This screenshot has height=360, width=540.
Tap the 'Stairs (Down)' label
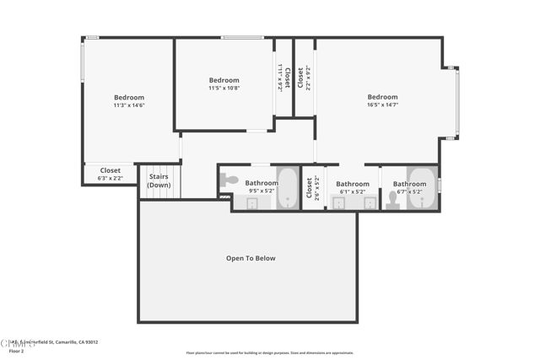(x=158, y=181)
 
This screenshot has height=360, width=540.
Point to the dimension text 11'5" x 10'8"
(x=224, y=89)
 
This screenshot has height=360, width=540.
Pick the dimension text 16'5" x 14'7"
(x=382, y=105)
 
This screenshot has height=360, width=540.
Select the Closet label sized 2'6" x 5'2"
(x=310, y=187)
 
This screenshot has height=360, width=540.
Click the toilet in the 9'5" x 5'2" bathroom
(x=229, y=180)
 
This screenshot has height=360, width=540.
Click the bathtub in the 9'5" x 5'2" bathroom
(x=288, y=189)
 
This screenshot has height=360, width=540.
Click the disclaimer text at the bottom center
(x=270, y=353)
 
